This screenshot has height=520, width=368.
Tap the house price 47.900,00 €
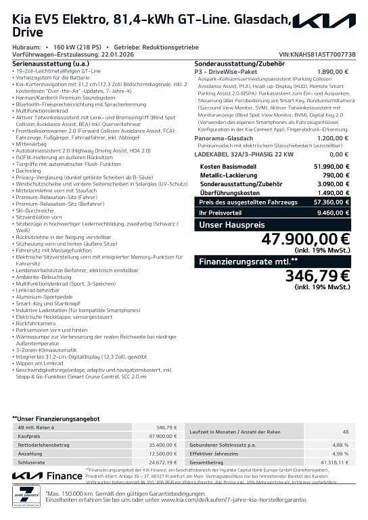(x=305, y=240)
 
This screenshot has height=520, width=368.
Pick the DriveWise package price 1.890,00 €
(x=333, y=70)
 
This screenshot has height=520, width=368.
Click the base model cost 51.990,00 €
(x=333, y=166)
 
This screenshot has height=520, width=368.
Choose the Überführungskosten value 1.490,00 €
(x=335, y=192)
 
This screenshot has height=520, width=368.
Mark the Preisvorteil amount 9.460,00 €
(x=335, y=212)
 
